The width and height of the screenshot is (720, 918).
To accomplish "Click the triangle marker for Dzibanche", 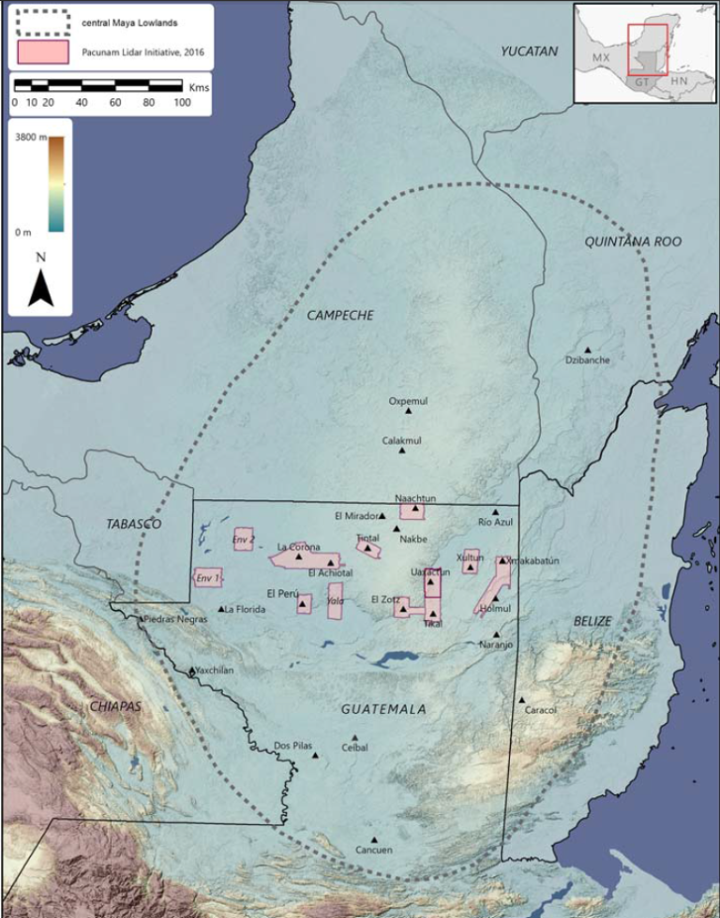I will [588, 349].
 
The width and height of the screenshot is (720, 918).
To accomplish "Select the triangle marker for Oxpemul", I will [409, 410].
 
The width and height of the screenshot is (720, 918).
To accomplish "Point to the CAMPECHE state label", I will [339, 316].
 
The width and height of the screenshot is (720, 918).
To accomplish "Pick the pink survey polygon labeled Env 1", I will [208, 578].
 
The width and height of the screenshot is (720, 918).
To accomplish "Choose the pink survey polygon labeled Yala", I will [335, 600].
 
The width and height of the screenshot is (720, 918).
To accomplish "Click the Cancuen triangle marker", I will [374, 839].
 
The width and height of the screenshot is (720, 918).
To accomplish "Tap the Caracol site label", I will [541, 710].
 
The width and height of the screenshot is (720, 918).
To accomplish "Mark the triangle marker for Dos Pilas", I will [315, 755].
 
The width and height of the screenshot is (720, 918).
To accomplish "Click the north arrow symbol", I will [39, 287].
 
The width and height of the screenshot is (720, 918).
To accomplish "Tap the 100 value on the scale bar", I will [181, 101].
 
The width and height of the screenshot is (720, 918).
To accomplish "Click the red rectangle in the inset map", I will [647, 50].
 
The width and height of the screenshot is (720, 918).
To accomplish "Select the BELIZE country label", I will [592, 621].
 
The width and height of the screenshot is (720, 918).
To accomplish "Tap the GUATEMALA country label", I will [383, 710].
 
